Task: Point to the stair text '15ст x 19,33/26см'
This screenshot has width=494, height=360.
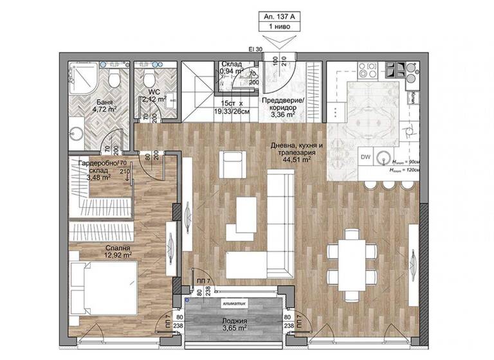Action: (x=232, y=107)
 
